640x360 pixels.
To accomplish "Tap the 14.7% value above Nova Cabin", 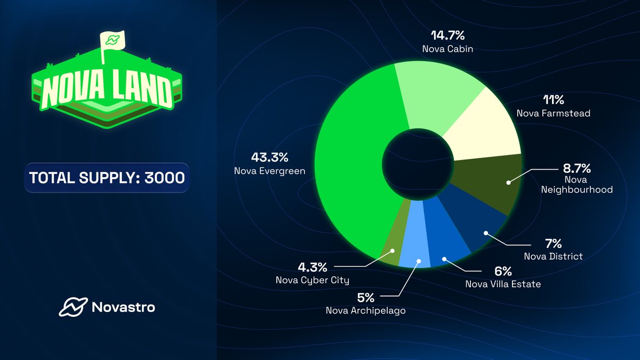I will point(448,36).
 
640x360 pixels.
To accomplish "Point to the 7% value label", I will point(553,244).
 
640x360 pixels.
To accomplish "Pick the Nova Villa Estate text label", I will point(503,284).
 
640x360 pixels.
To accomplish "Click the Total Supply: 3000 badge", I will point(107,178).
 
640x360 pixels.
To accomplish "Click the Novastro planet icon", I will point(71,307).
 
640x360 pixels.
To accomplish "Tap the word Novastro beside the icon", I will point(123,308).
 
